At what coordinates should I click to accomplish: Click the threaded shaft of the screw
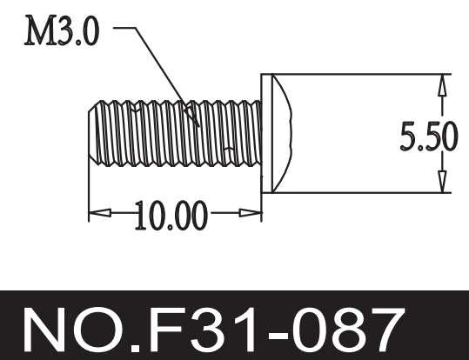pos(174,134)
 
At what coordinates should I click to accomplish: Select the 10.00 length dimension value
pos(171,215)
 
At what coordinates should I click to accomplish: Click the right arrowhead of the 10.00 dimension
pos(253,211)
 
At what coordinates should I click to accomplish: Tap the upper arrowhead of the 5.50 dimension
pos(443,83)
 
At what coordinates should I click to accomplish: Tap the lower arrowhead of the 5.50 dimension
pos(443,183)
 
